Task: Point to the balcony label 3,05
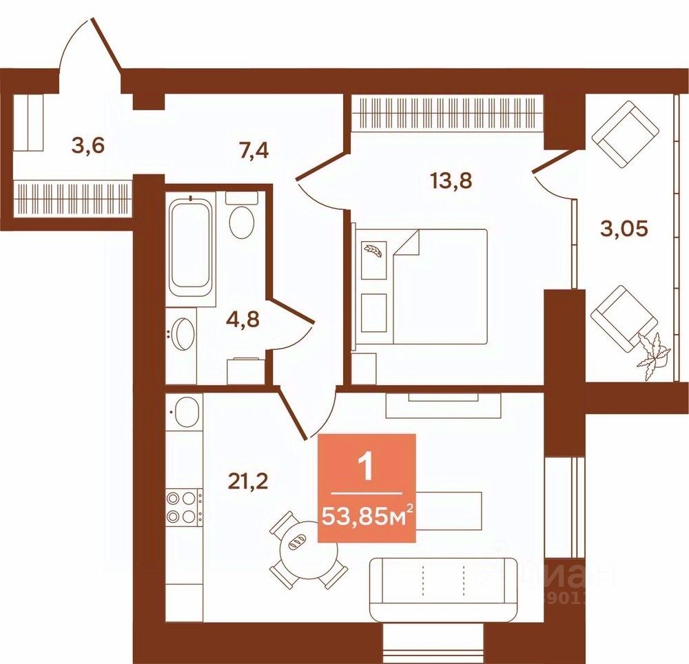tap(623, 229)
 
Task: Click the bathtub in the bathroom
tap(189, 245)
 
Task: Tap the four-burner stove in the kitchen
tap(183, 507)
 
